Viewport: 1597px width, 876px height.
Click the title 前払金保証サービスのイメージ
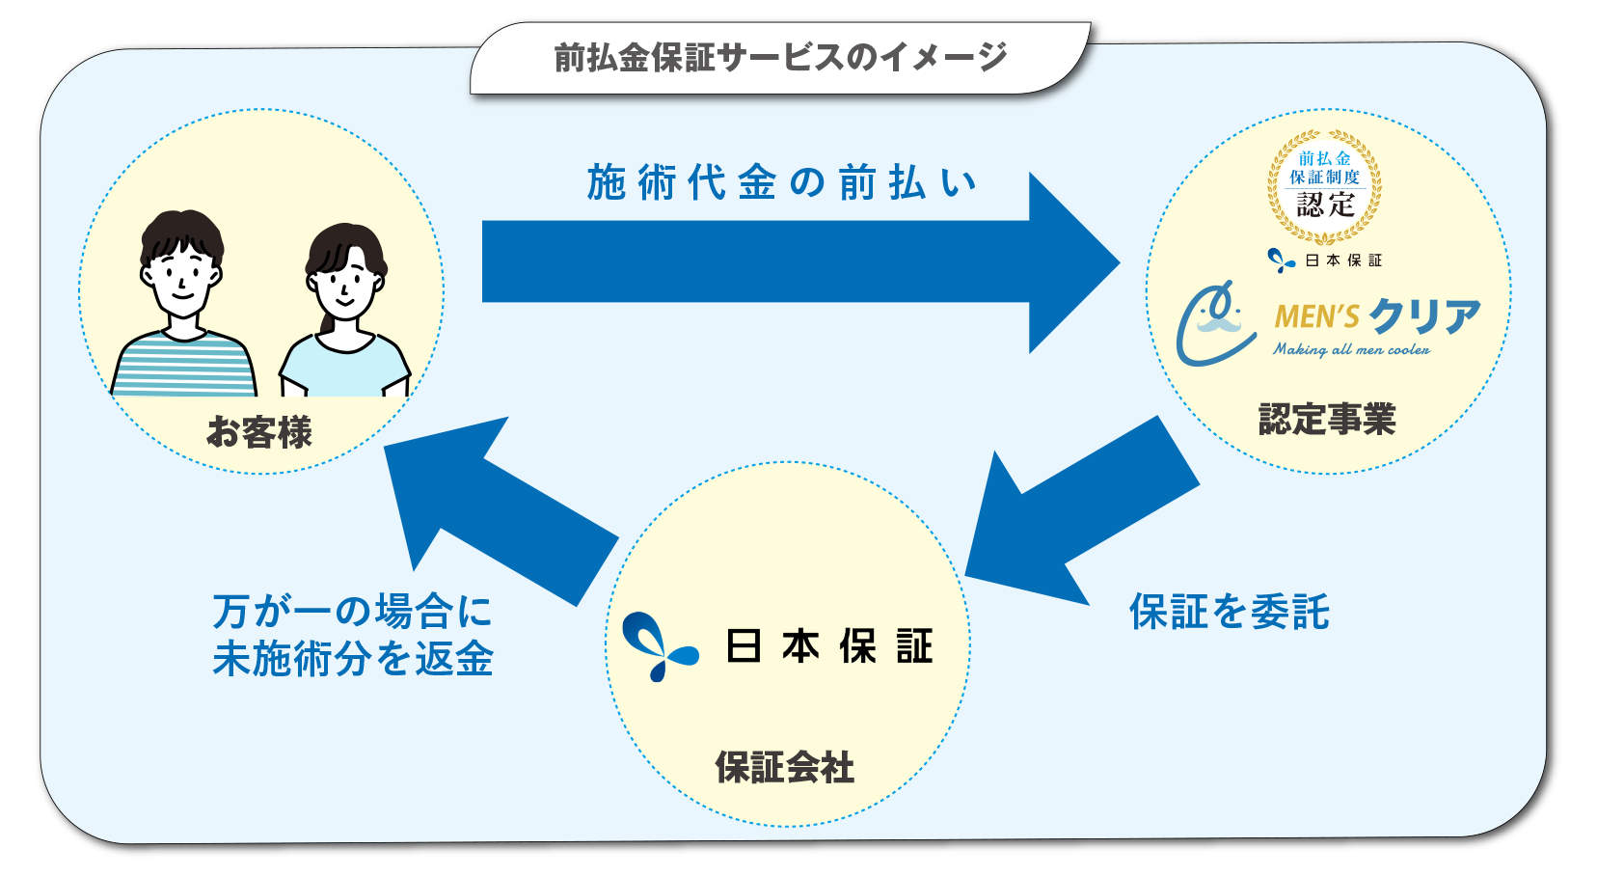(x=780, y=58)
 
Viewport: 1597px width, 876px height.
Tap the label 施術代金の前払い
(x=781, y=182)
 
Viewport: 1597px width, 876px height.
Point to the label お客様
(x=259, y=432)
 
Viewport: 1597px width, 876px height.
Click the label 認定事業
(x=1327, y=420)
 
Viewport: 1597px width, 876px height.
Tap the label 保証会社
(x=784, y=768)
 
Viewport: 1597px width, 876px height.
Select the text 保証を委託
(x=1230, y=612)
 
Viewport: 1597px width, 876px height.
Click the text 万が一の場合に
(x=352, y=612)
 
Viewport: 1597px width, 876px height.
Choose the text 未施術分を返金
(x=353, y=660)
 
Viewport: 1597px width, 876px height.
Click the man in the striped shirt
(x=183, y=309)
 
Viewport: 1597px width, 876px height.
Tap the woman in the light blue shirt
(x=345, y=314)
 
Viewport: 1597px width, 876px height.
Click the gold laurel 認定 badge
(x=1324, y=185)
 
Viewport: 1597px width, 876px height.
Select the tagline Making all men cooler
(x=1351, y=350)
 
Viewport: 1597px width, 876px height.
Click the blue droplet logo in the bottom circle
(x=659, y=646)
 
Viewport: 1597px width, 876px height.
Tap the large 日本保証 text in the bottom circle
(x=829, y=646)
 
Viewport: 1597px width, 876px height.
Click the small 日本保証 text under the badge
(x=1343, y=260)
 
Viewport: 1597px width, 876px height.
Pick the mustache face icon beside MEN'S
(x=1215, y=323)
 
